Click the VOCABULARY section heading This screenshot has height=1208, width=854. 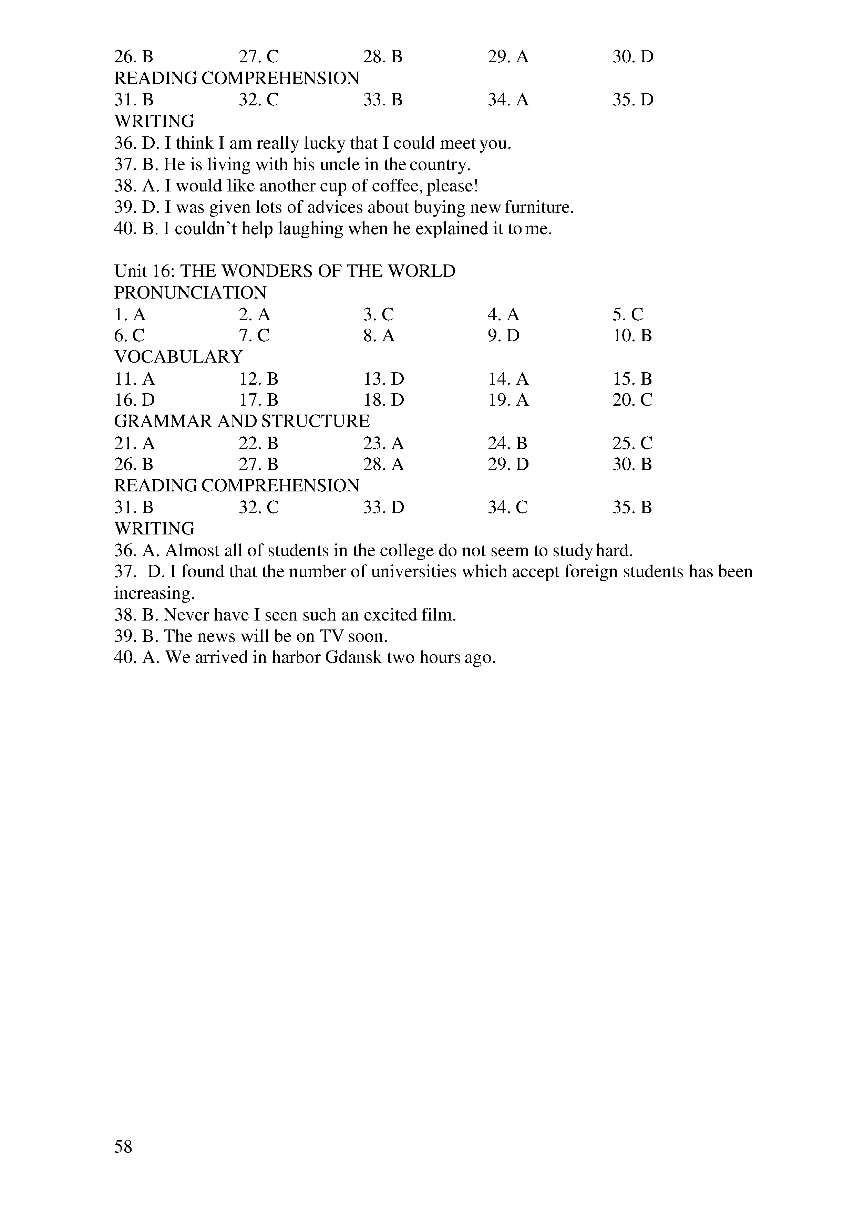click(x=178, y=357)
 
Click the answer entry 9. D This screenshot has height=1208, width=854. click(x=504, y=336)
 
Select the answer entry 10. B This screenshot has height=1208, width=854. click(x=632, y=336)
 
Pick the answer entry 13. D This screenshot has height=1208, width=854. click(x=383, y=379)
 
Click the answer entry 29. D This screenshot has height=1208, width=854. click(x=508, y=465)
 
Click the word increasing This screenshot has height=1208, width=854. click(x=154, y=593)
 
